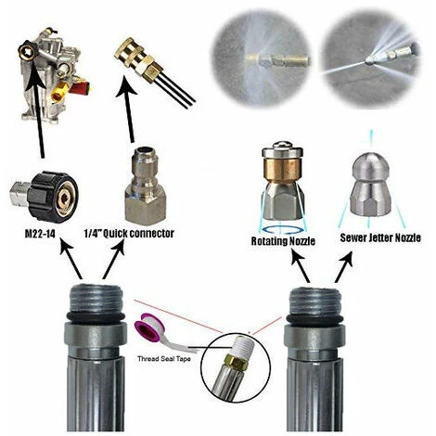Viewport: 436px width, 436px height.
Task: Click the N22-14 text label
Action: coord(40,234)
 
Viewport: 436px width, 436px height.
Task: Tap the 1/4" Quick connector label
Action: coord(129,233)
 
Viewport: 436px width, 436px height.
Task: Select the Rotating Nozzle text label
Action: coord(283,241)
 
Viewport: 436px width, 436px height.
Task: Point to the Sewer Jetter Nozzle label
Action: coord(380,237)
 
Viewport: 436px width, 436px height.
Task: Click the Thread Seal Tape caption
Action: coord(164,359)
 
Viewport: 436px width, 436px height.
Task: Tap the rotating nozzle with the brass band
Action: coord(283,179)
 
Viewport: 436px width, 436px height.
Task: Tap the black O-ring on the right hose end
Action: coord(314,318)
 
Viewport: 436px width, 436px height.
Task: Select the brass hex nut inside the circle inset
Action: coord(236,362)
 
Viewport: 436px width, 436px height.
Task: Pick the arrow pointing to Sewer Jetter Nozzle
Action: coord(343,266)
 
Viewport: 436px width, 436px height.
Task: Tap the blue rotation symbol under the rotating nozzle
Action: coord(280,229)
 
